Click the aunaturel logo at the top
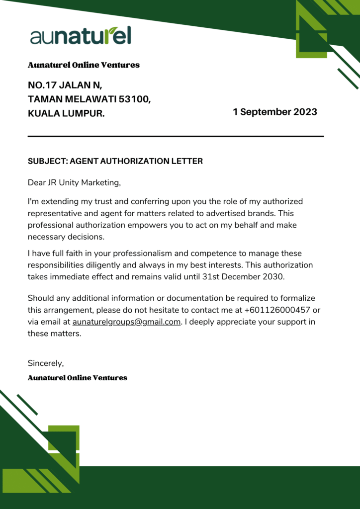pos(81,36)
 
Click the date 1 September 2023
pos(274,112)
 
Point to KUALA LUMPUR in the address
pos(66,114)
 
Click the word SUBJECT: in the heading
pos(48,161)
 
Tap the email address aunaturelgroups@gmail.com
pos(126,322)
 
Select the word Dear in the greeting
pos(36,182)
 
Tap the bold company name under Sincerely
pos(78,378)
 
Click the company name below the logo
pos(84,65)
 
